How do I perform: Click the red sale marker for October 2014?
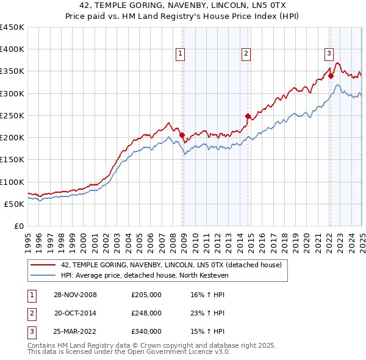coord(248,116)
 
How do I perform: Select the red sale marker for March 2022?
coord(331,76)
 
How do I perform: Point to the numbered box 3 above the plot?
coord(329,53)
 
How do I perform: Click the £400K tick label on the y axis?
coord(12,49)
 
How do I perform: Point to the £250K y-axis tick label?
coord(12,115)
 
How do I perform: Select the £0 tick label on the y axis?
coord(19,226)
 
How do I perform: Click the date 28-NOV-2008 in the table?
coord(75,295)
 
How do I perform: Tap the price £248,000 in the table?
coord(146,313)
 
